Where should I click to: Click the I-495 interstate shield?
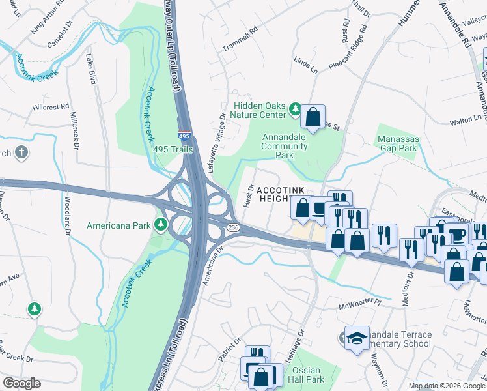[185, 136]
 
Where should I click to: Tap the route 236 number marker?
[233, 226]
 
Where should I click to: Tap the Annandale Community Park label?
[285, 147]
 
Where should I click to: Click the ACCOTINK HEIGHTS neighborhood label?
[280, 194]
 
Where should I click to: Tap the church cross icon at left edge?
[21, 153]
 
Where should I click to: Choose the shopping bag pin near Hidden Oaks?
[313, 117]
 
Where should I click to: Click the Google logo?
[21, 383]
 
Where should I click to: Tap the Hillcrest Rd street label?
[51, 107]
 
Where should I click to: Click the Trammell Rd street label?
[240, 44]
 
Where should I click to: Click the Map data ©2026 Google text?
[446, 386]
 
